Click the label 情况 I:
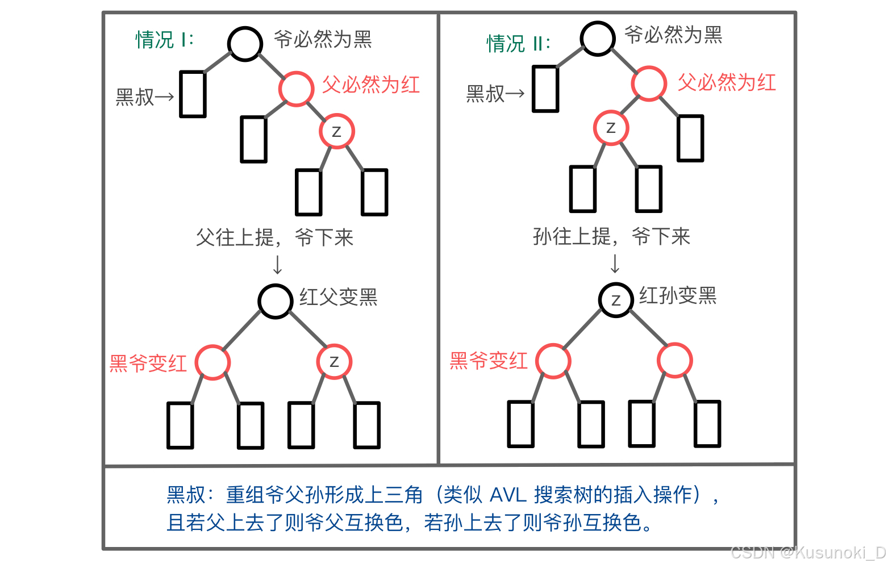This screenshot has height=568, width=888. click(165, 40)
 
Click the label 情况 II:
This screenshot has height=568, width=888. click(518, 44)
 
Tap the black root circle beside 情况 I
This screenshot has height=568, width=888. click(245, 44)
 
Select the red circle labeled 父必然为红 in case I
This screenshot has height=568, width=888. click(296, 89)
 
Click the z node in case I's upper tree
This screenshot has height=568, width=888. click(336, 131)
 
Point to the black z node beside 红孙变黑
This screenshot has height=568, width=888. click(616, 299)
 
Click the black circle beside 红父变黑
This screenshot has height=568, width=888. click(276, 300)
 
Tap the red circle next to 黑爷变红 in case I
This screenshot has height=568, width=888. click(212, 362)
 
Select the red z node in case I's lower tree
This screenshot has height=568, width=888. click(334, 361)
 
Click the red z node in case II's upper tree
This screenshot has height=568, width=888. click(611, 128)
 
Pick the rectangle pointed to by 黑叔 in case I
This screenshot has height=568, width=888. click(193, 94)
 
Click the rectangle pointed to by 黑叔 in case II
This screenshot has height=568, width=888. click(545, 89)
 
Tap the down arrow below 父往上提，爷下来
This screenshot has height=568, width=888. click(277, 265)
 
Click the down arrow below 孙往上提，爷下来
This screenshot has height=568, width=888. click(615, 264)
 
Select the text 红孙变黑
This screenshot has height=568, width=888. click(678, 295)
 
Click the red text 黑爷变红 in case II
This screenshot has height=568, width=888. click(489, 361)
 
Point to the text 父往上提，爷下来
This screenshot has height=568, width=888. click(274, 237)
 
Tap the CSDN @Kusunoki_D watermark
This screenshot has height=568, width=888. click(808, 553)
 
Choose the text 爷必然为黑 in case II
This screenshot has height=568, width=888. click(673, 35)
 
